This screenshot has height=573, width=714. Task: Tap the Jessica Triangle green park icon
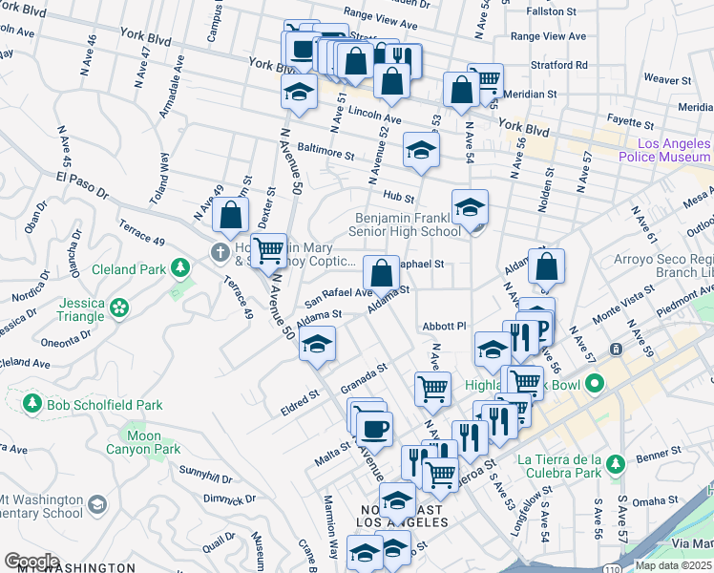point(119,308)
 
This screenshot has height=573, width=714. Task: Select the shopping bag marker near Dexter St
point(231,215)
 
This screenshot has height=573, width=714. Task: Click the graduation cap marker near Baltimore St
point(421,148)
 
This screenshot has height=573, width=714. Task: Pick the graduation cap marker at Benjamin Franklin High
point(470,206)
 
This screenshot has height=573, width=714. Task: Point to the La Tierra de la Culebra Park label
point(559,465)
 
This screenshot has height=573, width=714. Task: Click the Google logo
point(31,562)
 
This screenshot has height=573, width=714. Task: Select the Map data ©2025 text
point(673,565)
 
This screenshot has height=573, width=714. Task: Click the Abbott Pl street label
point(444,326)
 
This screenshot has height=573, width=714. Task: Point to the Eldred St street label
point(299,396)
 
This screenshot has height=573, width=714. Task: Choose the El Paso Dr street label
point(82,184)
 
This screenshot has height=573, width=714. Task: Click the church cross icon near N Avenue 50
point(220,252)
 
